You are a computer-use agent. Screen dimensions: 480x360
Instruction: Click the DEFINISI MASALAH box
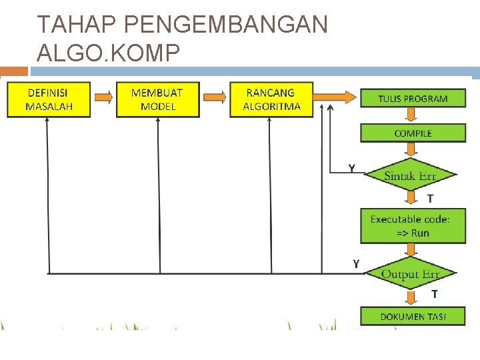click(x=49, y=99)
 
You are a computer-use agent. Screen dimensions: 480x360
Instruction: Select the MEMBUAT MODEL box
click(x=158, y=99)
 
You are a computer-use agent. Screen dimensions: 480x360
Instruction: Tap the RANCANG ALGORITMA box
click(x=271, y=99)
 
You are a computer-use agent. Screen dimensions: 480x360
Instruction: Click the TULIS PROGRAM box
click(x=413, y=99)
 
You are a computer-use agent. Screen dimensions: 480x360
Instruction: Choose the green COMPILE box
click(x=413, y=133)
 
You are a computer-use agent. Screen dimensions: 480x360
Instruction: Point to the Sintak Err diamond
click(x=410, y=176)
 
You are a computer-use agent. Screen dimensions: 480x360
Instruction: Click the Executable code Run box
click(x=413, y=226)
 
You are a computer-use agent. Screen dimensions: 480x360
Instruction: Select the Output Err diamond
click(x=410, y=274)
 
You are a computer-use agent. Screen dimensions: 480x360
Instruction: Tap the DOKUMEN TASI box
click(x=413, y=317)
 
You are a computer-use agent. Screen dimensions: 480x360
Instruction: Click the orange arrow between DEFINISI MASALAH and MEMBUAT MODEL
click(x=103, y=98)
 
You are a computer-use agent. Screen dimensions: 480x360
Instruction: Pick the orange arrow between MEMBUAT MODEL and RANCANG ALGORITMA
click(x=215, y=98)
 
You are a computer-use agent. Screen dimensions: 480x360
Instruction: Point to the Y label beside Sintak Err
click(x=351, y=168)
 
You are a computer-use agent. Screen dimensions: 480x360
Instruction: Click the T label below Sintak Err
click(x=430, y=198)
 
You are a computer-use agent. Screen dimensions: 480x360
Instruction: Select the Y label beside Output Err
click(x=355, y=264)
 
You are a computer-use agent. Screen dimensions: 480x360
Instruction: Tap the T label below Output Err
click(x=434, y=294)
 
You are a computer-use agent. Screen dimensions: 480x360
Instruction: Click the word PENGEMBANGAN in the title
click(x=226, y=25)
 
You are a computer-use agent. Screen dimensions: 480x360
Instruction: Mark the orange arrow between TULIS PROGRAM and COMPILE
click(x=413, y=116)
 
